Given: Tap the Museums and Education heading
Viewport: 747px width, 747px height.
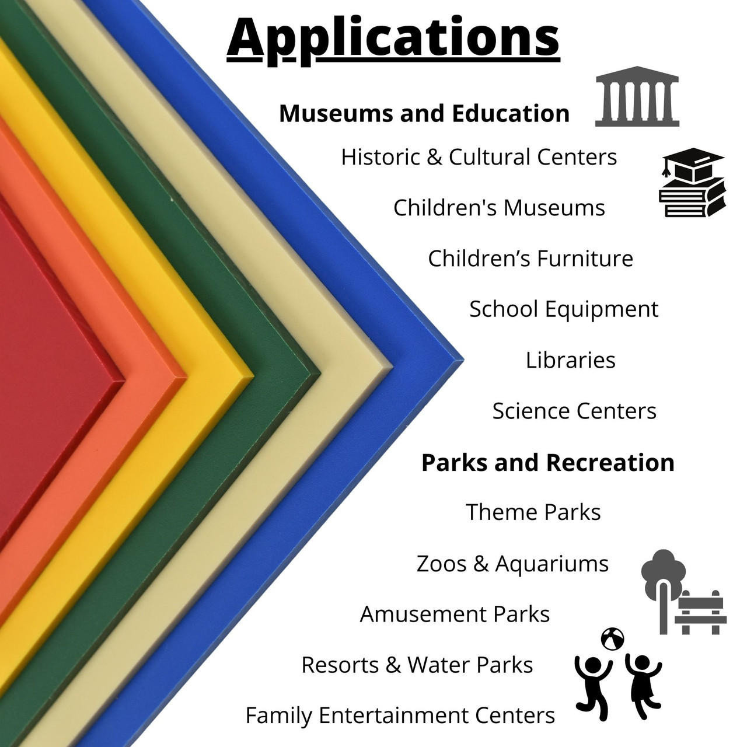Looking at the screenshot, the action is coord(424,114).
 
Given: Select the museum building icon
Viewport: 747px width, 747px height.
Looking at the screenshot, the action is coord(637,96).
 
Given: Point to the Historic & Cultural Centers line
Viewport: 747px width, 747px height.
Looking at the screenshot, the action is coord(479,157).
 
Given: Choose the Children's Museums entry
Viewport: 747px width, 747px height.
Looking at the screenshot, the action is coord(499,208).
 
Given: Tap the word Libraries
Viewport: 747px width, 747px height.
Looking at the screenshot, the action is coord(571,360).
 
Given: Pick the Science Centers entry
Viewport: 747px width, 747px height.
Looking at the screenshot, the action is coord(574,411).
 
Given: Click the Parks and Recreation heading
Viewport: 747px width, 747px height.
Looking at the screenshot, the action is coord(548,462).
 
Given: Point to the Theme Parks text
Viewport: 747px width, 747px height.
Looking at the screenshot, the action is coord(533,512).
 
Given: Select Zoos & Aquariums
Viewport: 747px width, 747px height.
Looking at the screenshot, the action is coord(512,564).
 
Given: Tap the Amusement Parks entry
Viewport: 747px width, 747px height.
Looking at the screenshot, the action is coord(455,614).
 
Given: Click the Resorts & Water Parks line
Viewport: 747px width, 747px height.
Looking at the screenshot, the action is coord(417,665).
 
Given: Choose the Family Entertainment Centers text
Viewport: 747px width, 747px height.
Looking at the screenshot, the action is coord(400,715).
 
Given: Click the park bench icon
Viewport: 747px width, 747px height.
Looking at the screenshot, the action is coord(700,613).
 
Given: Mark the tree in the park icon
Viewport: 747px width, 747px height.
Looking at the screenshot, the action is coord(664,589).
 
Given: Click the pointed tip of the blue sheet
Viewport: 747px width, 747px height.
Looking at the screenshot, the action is coord(463,358).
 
